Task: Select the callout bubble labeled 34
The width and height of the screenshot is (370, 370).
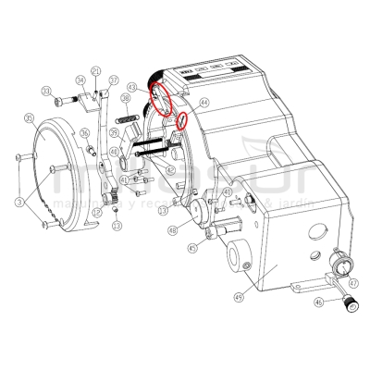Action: [x=80, y=81]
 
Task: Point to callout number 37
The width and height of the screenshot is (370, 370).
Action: [x=114, y=80]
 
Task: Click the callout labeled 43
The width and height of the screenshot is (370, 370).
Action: [x=133, y=88]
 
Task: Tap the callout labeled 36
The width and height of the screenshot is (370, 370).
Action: [x=85, y=133]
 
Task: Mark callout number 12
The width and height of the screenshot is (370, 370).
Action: [x=96, y=212]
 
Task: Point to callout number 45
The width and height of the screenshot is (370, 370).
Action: [x=191, y=248]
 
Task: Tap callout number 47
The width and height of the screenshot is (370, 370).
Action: [x=353, y=281]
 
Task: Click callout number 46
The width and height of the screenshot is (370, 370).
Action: [x=319, y=302]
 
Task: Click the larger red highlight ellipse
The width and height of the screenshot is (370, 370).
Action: [x=164, y=96]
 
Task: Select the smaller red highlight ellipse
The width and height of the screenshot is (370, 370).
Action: [x=183, y=121]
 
